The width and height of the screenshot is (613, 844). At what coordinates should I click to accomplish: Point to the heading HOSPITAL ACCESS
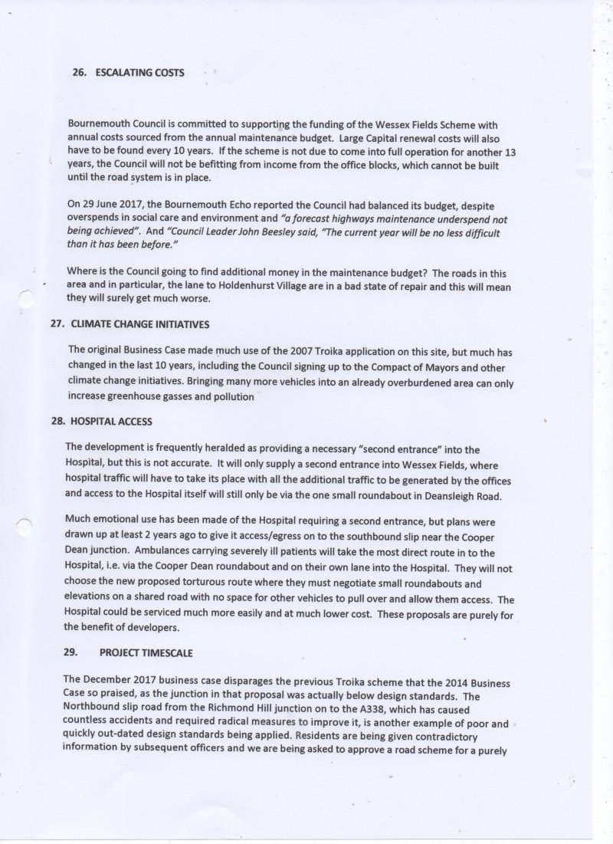111,421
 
